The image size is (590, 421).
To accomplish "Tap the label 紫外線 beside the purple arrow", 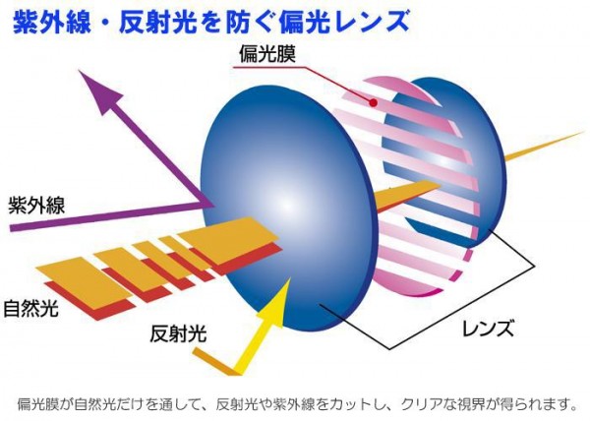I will pos(37,206).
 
